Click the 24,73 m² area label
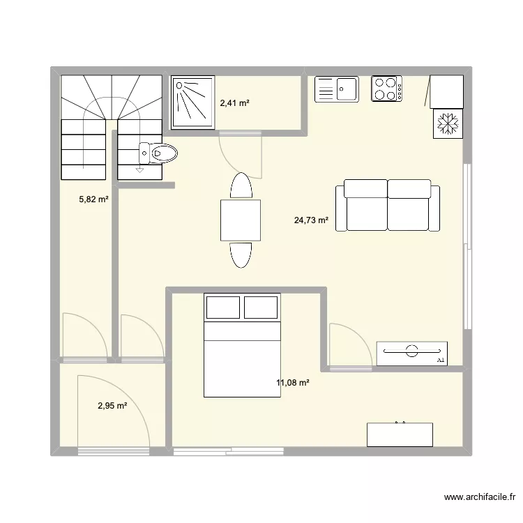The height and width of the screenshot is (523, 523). pyautogui.click(x=311, y=220)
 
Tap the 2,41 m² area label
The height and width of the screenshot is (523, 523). pyautogui.click(x=234, y=103)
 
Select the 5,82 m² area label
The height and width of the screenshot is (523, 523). pyautogui.click(x=93, y=199)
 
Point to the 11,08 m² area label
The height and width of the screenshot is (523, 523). pyautogui.click(x=293, y=382)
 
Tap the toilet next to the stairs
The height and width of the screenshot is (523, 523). pyautogui.click(x=158, y=152)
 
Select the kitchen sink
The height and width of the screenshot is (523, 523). pyautogui.click(x=336, y=89)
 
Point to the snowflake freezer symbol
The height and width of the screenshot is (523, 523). pyautogui.click(x=447, y=123)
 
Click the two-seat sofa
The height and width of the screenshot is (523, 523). pyautogui.click(x=388, y=205)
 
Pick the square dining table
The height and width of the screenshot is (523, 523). pyautogui.click(x=241, y=220)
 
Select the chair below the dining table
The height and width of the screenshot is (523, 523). pyautogui.click(x=241, y=254)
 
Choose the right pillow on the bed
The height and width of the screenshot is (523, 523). pyautogui.click(x=261, y=308)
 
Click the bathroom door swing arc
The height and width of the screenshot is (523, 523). pyautogui.click(x=241, y=153)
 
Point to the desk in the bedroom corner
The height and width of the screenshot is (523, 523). pyautogui.click(x=400, y=434)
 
